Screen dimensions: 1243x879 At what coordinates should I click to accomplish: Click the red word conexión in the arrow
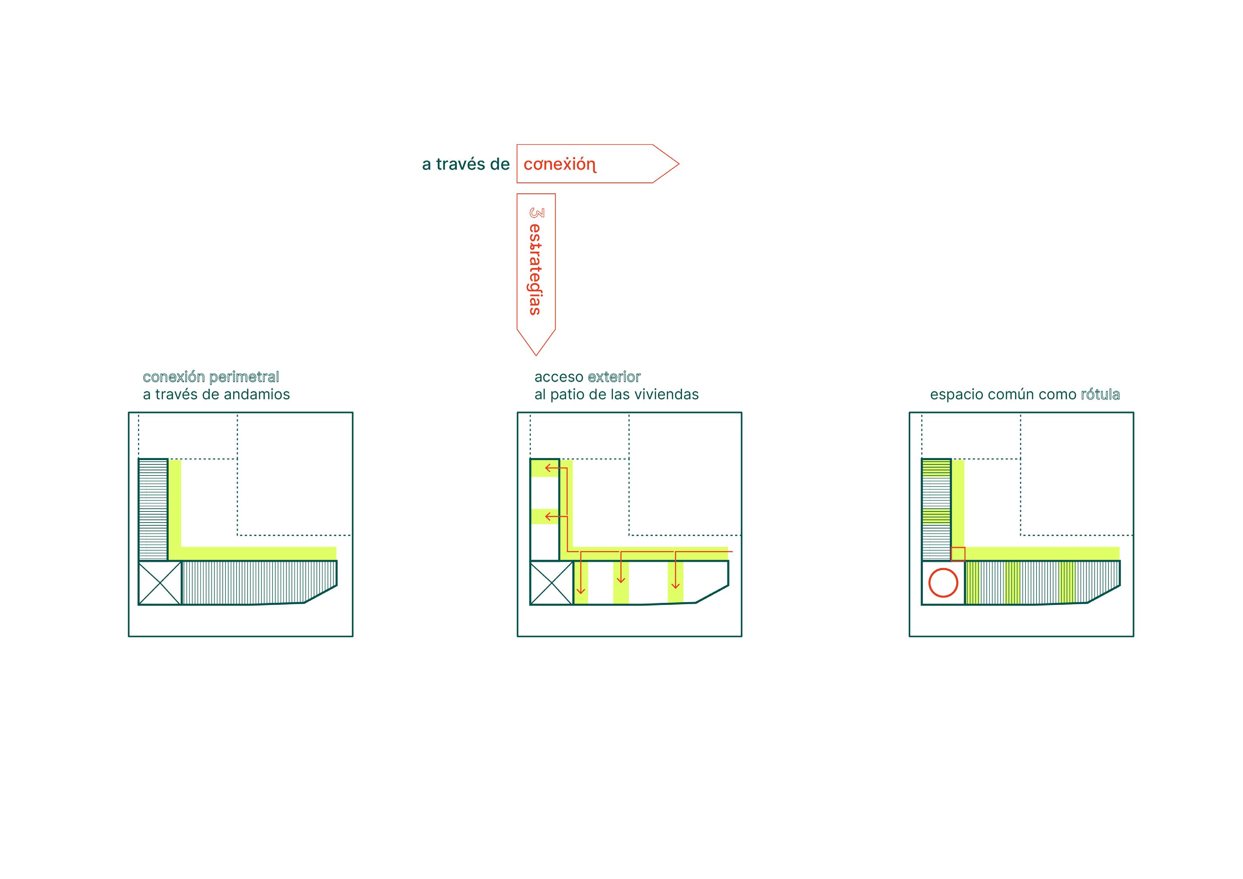click(x=559, y=165)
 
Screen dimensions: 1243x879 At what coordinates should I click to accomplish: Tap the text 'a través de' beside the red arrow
click(x=466, y=165)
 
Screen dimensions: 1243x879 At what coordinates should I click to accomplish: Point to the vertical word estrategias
click(x=535, y=269)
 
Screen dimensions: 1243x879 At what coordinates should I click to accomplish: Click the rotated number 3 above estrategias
click(x=536, y=213)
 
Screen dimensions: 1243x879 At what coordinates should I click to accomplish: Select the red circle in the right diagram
click(x=943, y=583)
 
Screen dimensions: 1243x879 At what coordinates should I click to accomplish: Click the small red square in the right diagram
click(x=958, y=554)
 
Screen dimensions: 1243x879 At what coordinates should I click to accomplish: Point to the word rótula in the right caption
click(x=1100, y=394)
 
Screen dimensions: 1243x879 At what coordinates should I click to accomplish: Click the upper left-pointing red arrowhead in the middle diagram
click(x=548, y=468)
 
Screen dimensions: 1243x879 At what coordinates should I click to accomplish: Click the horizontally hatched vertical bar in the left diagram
click(x=153, y=510)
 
